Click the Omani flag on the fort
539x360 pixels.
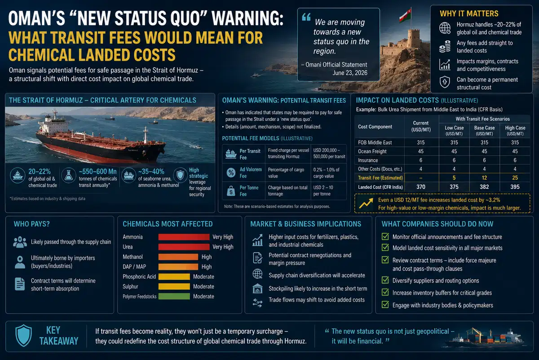pyautogui.click(x=405, y=15)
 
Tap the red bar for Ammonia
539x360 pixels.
pyautogui.click(x=184, y=237)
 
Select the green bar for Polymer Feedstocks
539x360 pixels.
pyautogui.click(x=174, y=297)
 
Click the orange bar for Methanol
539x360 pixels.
pyautogui.click(x=178, y=257)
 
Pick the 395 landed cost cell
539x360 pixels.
pyautogui.click(x=515, y=187)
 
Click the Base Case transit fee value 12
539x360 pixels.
pyautogui.click(x=484, y=178)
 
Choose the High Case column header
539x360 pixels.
pyautogui.click(x=515, y=130)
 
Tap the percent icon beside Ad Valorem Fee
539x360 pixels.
pyautogui.click(x=231, y=173)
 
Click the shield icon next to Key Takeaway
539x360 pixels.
pyautogui.click(x=23, y=335)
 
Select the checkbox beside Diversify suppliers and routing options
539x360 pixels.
pyautogui.click(x=385, y=280)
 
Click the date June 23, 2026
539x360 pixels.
pyautogui.click(x=350, y=73)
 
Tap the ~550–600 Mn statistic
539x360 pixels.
pyautogui.click(x=97, y=171)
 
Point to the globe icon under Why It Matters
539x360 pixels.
pyautogui.click(x=445, y=28)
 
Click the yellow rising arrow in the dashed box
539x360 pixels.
pyautogui.click(x=366, y=204)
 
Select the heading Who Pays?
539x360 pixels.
pyautogui.click(x=31, y=224)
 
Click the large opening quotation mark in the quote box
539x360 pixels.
pyautogui.click(x=306, y=17)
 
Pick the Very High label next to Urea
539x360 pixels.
pyautogui.click(x=223, y=247)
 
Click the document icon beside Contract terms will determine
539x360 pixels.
pyautogui.click(x=20, y=284)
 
